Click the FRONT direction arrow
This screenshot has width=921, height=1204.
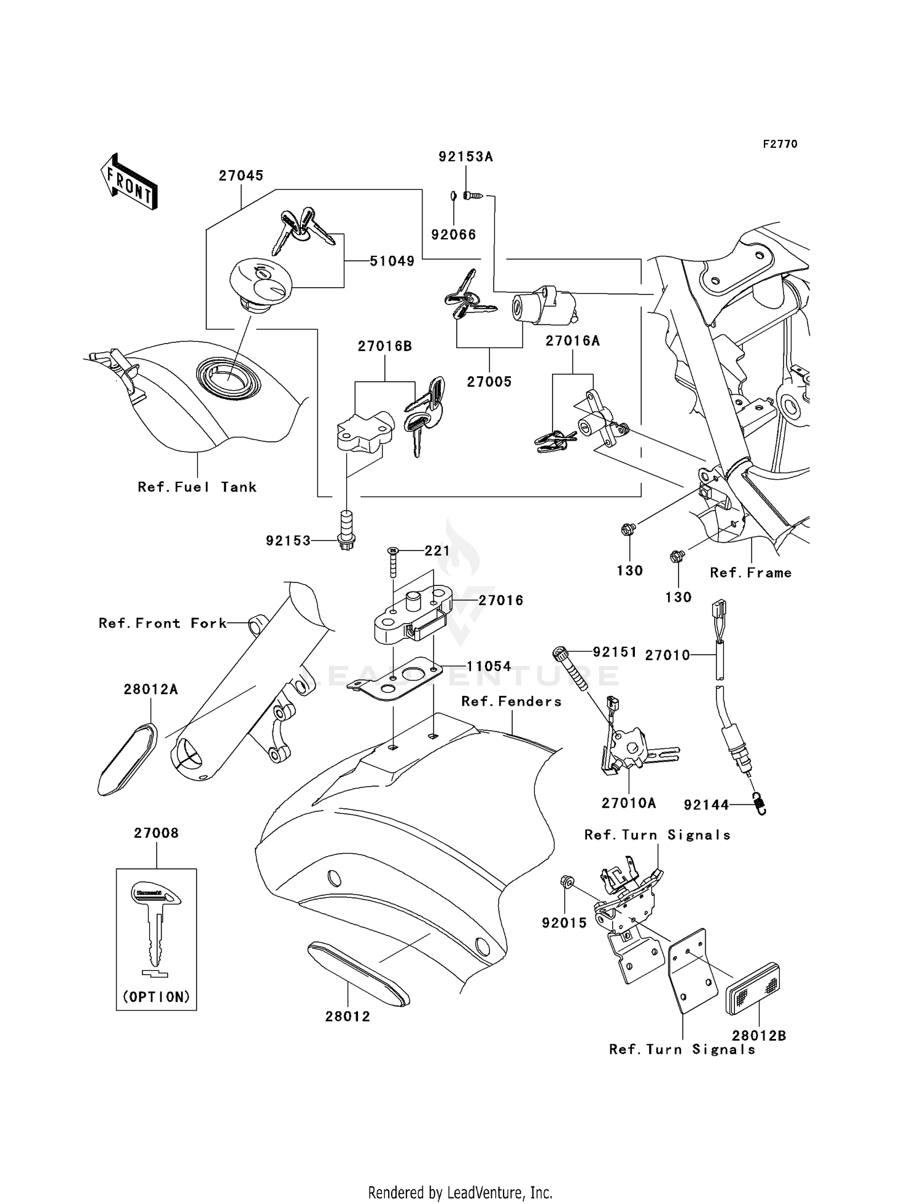tap(130, 182)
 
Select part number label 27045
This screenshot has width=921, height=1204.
tap(241, 176)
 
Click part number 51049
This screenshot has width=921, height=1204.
tap(392, 261)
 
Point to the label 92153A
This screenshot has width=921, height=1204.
tap(465, 156)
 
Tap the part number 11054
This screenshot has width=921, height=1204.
tap(489, 666)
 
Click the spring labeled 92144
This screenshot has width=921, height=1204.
tap(760, 803)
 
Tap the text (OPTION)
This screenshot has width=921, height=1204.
tap(156, 997)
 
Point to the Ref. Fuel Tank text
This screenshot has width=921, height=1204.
tap(197, 487)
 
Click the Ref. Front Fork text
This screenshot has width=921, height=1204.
tap(163, 623)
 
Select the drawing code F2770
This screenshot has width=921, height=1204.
tap(780, 144)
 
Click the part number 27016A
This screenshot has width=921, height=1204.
tap(572, 341)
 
